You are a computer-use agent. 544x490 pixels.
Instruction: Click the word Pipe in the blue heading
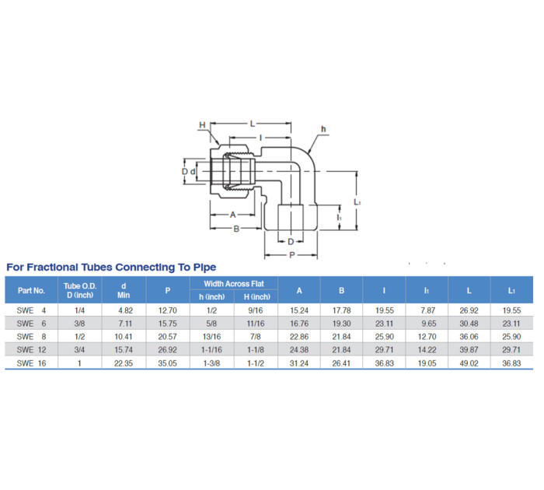[x=201, y=267]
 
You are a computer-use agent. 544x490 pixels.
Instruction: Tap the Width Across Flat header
[x=234, y=284]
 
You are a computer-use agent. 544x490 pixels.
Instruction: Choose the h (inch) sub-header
[x=211, y=296]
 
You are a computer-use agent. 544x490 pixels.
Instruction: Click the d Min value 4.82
[x=124, y=310]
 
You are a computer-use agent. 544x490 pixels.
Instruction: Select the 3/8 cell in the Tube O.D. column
[x=78, y=323]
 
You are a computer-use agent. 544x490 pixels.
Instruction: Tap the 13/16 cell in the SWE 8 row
[x=211, y=336]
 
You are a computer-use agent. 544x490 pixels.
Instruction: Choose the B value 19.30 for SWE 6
[x=341, y=323]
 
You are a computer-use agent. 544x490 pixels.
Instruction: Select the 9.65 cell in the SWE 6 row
[x=427, y=323]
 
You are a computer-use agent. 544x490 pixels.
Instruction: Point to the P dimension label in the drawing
[x=291, y=254]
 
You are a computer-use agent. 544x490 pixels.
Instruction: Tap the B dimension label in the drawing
[x=235, y=228]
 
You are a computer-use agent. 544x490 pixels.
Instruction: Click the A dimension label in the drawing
[x=232, y=213]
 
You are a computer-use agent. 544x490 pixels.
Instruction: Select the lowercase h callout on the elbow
[x=323, y=129]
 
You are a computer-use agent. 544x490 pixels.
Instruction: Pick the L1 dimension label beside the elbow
[x=357, y=201]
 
